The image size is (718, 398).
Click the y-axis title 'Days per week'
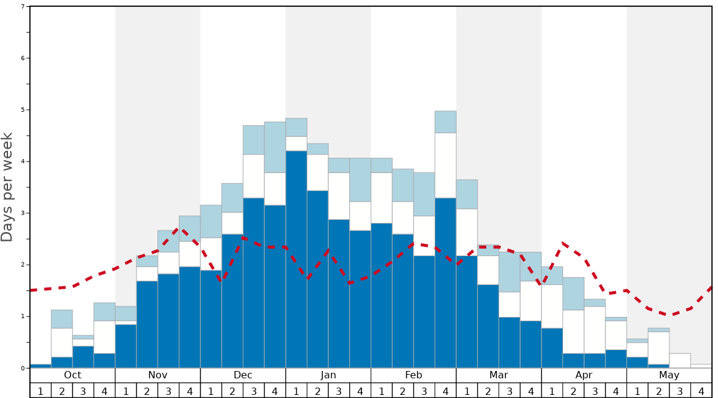(7, 187)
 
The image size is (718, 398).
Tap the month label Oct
(73, 375)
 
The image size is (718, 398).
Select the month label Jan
(328, 375)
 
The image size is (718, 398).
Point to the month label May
(669, 375)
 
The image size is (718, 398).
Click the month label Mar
(499, 375)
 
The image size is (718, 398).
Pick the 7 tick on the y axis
(23, 7)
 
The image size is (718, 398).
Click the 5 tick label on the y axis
(23, 110)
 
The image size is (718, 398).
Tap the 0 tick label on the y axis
(23, 369)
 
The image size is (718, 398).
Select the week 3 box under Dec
(254, 391)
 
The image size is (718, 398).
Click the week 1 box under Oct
(41, 391)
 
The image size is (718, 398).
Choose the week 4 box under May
(701, 391)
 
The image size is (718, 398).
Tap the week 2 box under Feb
(403, 391)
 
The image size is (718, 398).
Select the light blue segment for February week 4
(446, 122)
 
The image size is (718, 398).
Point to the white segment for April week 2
(574, 332)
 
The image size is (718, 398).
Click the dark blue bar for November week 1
(126, 346)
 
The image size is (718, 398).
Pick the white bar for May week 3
(680, 361)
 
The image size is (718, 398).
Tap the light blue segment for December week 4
(275, 147)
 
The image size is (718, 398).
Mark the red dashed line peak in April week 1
(563, 243)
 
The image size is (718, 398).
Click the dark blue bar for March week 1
(467, 312)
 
